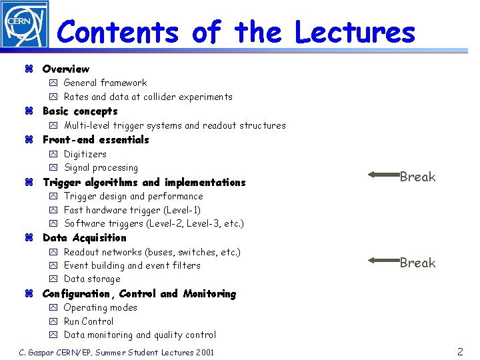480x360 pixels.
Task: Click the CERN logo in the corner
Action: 25,25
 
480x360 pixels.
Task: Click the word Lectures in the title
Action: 355,32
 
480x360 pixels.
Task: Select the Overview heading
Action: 65,69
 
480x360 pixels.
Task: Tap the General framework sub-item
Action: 105,83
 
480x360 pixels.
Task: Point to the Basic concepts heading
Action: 80,111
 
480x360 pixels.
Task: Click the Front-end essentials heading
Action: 95,139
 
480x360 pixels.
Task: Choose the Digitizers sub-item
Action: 85,154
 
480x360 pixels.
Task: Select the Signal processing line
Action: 101,167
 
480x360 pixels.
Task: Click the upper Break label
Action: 417,177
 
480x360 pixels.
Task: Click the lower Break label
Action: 417,263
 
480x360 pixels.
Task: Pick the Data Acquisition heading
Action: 84,237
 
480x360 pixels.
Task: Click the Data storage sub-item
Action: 92,279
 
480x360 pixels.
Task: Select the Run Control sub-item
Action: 89,321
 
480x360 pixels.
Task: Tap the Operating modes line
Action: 100,307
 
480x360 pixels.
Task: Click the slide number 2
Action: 460,351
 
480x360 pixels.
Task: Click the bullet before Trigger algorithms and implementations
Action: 29,183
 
